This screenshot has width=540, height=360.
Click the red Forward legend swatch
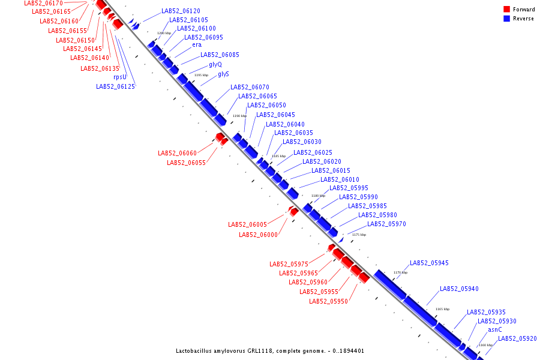tap(507, 9)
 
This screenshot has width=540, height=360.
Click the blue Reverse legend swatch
tap(507, 19)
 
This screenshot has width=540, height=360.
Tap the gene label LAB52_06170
tap(43, 3)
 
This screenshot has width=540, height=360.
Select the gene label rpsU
tap(120, 77)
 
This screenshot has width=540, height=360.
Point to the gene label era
tap(197, 44)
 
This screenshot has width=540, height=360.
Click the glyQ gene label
tap(215, 64)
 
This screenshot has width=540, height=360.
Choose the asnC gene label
tap(495, 329)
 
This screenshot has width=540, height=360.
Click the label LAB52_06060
tap(178, 153)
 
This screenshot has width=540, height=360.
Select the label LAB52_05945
tap(429, 263)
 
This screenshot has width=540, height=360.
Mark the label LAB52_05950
tap(328, 301)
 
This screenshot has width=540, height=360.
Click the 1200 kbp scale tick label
tap(164, 33)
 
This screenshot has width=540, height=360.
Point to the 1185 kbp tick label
tap(279, 156)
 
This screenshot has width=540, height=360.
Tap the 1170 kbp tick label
tap(400, 272)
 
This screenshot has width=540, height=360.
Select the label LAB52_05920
tap(517, 338)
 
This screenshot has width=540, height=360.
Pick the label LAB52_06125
tap(115, 86)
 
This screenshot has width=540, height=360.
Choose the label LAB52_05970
tap(386, 224)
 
